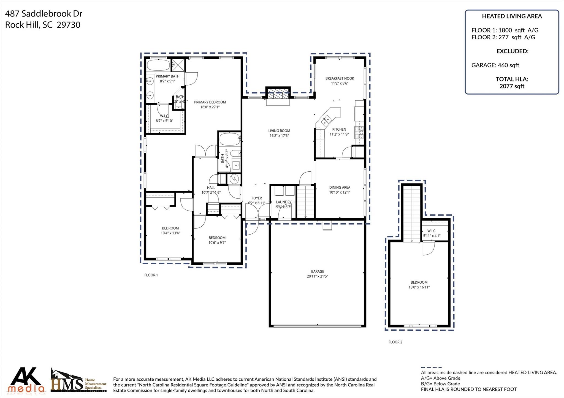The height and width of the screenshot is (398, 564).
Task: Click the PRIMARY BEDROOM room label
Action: [210, 102]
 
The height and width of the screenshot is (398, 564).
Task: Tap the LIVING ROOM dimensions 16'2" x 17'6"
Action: [279, 136]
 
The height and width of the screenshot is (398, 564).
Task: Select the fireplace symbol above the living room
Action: [278, 94]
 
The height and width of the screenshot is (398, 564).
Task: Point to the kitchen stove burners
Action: [359, 132]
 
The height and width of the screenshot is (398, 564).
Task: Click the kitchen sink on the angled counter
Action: [327, 120]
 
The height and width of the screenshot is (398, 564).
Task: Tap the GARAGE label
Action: [317, 271]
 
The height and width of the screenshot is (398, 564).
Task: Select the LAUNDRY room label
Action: [284, 202]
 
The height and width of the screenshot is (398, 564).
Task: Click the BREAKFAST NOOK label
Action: [340, 78]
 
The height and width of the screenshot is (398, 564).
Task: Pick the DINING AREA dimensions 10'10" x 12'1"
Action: [340, 192]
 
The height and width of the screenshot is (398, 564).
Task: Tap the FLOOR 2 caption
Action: [395, 342]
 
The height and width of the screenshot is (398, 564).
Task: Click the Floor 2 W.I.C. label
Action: [432, 231]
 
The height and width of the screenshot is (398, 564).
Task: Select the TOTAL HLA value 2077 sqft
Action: [512, 86]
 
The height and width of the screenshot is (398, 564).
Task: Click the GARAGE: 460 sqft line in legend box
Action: [495, 65]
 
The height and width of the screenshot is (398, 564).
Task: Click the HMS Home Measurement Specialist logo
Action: [78, 381]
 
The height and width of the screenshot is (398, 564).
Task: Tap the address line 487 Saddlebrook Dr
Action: [44, 13]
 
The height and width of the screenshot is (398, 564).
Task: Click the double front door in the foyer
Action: [257, 212]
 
